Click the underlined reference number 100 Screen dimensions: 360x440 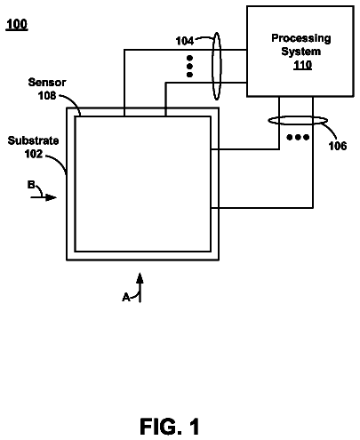17,24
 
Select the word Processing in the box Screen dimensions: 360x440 301,38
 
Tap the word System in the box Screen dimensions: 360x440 301,52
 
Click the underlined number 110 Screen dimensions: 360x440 302,65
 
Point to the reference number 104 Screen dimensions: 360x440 185,41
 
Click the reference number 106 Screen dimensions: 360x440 338,146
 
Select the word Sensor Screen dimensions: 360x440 47,82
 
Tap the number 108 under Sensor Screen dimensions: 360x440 47,95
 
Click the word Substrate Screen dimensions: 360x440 33,140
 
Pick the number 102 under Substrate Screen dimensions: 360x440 34,154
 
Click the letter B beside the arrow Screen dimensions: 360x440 31,185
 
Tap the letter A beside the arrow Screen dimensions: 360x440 126,297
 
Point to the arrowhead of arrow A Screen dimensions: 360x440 140,278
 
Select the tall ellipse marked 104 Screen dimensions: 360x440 217,66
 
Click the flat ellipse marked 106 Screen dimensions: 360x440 298,121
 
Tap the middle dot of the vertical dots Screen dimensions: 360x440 189,66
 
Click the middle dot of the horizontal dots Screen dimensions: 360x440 298,137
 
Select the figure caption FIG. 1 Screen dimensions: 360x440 170,427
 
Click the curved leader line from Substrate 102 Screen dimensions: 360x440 60,162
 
